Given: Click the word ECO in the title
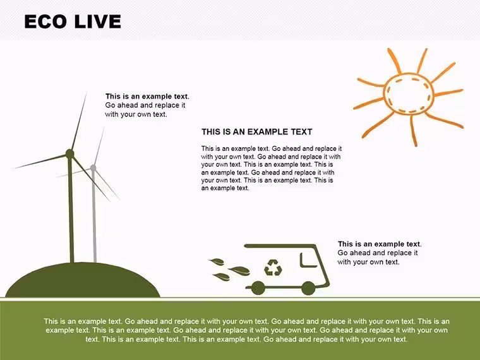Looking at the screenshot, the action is point(45,21).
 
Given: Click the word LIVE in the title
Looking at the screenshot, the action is point(98,21).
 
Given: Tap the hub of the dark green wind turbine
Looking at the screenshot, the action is point(70,153).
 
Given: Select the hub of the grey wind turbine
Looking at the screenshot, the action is point(93,168).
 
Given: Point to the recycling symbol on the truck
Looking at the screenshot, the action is point(273,267).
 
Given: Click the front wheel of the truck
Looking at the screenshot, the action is point(308,288).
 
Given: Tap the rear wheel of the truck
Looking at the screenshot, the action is point(258,288).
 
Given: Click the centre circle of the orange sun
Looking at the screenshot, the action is point(409,93).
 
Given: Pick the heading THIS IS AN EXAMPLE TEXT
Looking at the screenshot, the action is point(257,132).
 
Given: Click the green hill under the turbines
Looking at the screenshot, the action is point(83,280).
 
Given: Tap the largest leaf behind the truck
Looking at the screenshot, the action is point(239,271).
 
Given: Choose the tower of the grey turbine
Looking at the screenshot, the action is point(94,216).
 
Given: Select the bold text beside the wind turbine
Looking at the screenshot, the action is point(147,97).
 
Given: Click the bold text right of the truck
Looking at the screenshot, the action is point(380,244).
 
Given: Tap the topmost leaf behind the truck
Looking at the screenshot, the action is point(217,261).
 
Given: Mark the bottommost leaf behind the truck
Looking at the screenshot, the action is point(221,277).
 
